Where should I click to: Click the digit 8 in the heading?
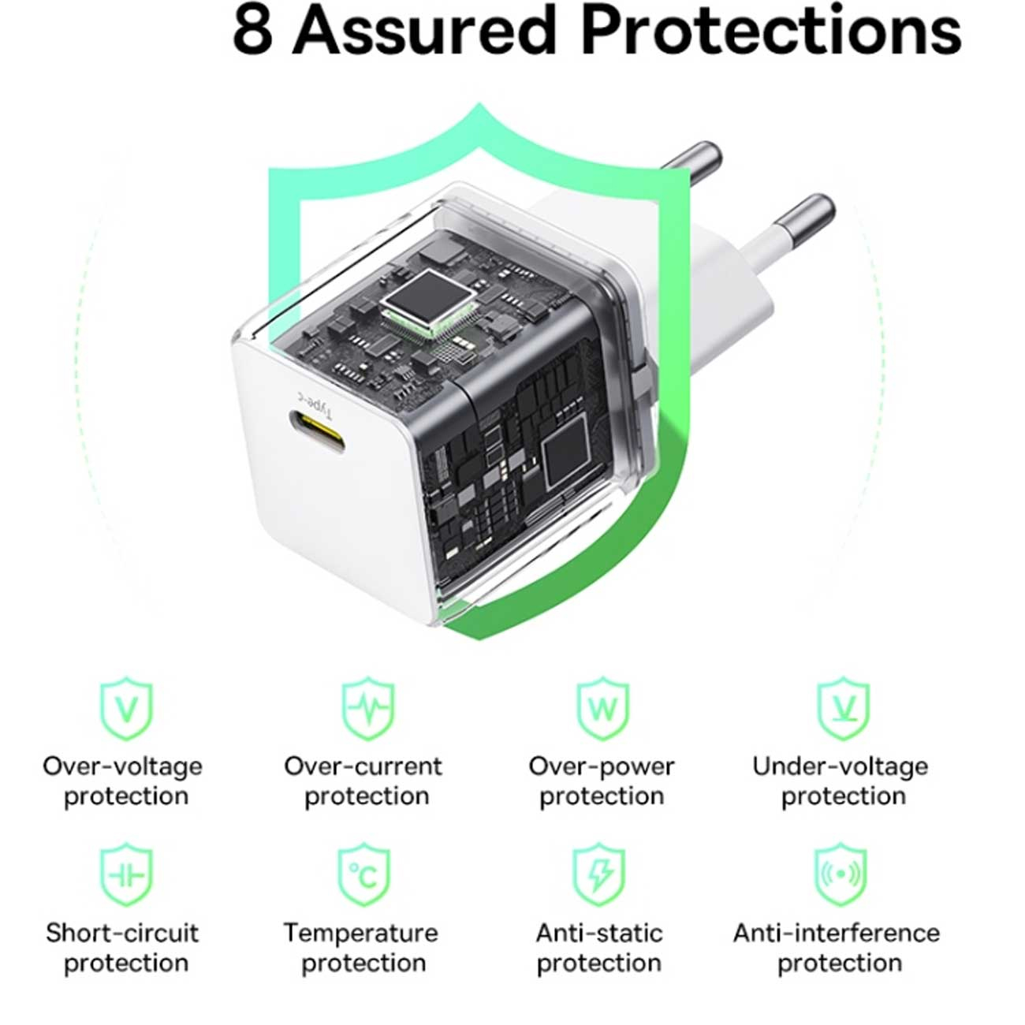(x=253, y=31)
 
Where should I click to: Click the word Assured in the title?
(x=424, y=30)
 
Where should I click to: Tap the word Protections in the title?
(x=771, y=30)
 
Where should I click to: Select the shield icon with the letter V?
(x=127, y=708)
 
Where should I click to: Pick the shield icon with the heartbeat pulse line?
(x=368, y=708)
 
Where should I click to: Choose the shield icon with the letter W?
(x=603, y=708)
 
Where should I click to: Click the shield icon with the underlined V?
(x=844, y=708)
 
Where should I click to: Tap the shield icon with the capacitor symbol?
(x=127, y=874)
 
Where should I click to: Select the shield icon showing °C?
(x=364, y=874)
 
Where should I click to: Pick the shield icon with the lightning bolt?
(x=599, y=874)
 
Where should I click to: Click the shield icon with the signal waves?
(x=840, y=874)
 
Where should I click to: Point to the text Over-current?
(x=363, y=766)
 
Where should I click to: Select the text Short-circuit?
(x=122, y=933)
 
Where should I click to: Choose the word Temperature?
(x=361, y=934)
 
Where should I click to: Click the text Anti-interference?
(x=837, y=933)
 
